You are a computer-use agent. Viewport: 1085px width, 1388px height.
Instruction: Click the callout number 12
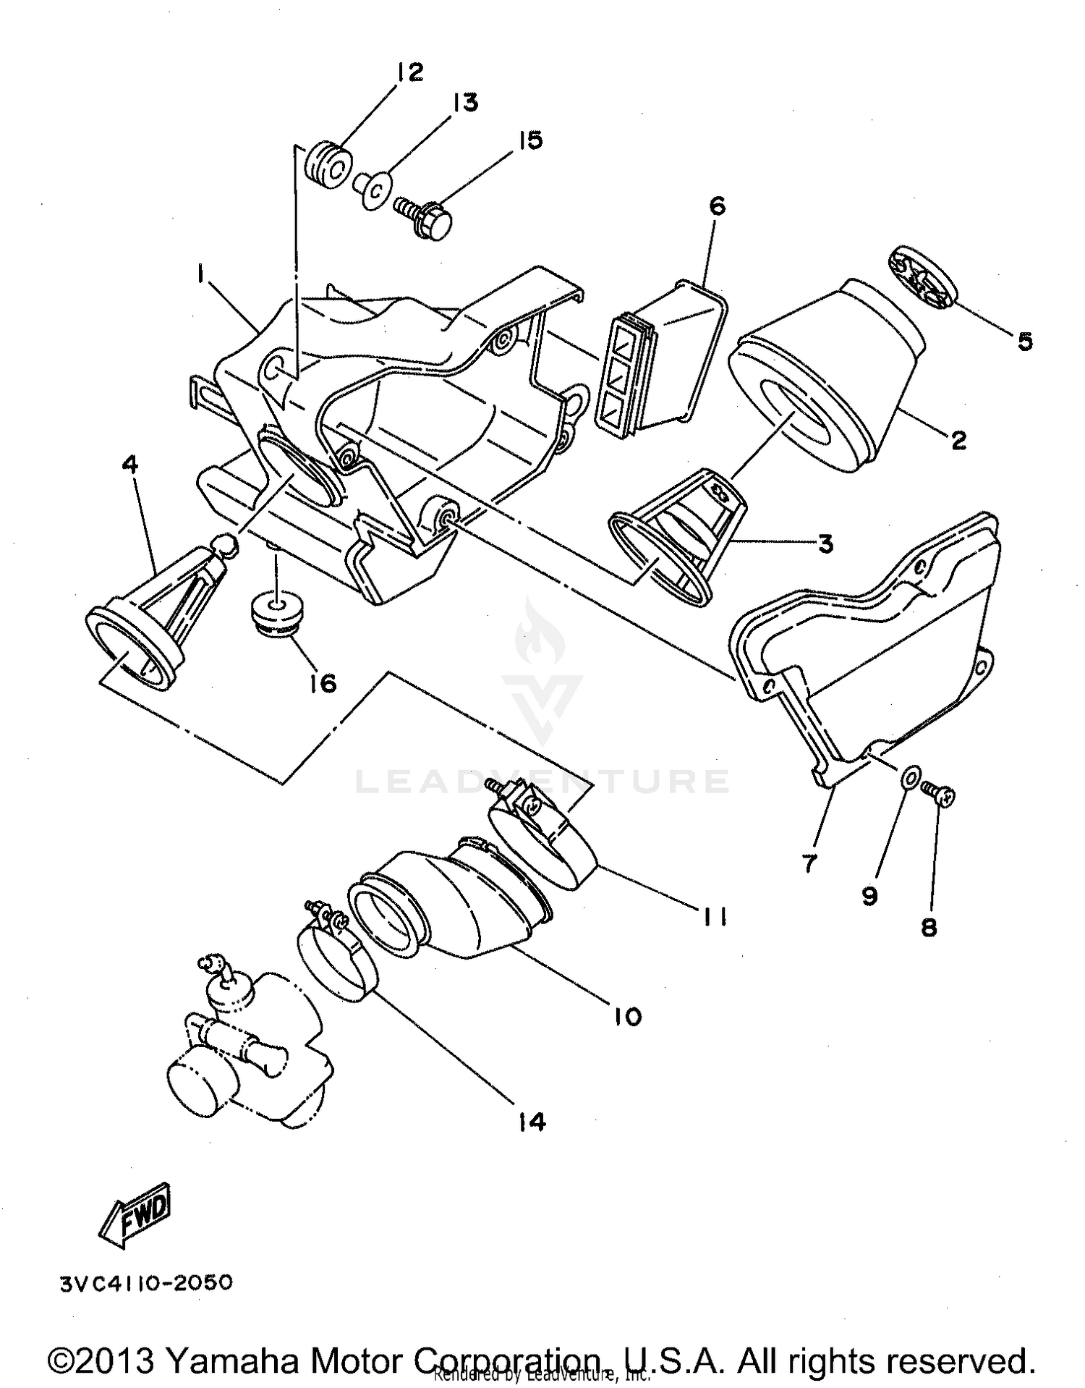coord(409,72)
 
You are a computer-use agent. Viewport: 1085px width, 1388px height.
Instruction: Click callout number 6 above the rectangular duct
coord(716,206)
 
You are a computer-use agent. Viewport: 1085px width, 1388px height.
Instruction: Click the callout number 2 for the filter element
coord(958,439)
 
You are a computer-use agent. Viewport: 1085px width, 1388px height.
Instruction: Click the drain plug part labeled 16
coord(277,614)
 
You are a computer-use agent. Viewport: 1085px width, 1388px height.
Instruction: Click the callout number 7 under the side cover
coord(809,863)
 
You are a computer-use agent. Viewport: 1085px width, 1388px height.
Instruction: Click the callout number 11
coord(714,917)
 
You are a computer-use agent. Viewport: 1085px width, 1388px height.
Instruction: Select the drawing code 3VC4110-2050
coord(147,1283)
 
